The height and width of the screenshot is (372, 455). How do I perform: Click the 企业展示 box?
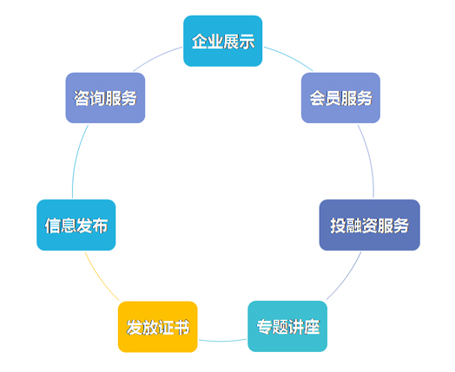tap(223, 41)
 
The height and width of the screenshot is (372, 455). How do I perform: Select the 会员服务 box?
tap(340, 98)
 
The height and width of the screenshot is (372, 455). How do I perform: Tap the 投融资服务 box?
tap(369, 225)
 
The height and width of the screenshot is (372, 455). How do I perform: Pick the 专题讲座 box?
tap(287, 326)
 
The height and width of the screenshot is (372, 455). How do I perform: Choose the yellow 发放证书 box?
tap(157, 327)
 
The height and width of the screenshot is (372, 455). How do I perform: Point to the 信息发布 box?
tap(76, 225)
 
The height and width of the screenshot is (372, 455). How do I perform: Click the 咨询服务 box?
tap(105, 98)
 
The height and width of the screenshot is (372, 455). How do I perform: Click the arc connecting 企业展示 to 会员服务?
tap(290, 56)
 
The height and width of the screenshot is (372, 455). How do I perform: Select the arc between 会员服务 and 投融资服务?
tap(369, 160)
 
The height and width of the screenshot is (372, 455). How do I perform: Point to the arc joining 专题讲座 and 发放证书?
tap(222, 341)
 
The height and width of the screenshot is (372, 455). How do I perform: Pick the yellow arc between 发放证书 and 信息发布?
tap(100, 278)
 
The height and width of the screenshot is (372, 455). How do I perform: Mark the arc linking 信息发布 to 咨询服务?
tap(76, 160)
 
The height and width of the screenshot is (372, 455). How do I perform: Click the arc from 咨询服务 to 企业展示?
tap(156, 56)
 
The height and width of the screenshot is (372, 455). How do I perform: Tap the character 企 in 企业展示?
tap(200, 41)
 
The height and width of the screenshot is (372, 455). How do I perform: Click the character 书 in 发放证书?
tap(181, 327)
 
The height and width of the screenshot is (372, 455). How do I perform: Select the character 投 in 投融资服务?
tap(338, 225)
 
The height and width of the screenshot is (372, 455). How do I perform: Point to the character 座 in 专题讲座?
tap(311, 327)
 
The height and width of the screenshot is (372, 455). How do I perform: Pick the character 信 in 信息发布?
tap(52, 225)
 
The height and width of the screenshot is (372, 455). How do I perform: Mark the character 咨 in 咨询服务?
tap(82, 98)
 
